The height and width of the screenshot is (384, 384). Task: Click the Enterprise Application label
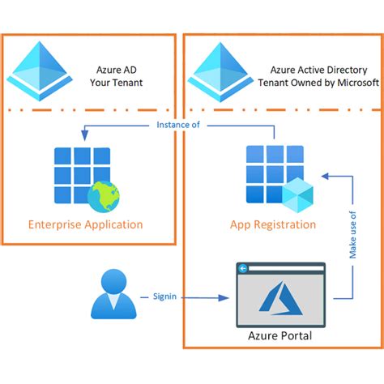(86, 224)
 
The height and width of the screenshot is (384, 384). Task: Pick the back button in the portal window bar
(242, 268)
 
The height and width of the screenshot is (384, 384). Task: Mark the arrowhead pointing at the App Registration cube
(323, 174)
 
